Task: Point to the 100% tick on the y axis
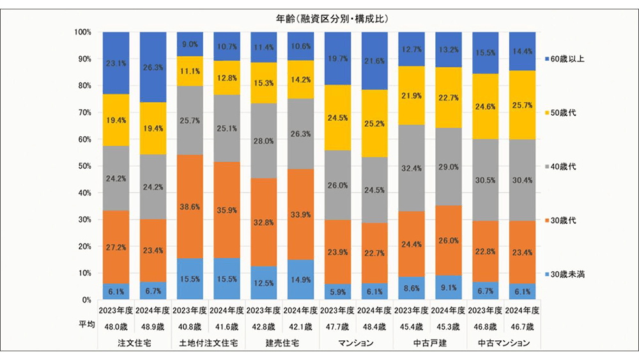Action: click(x=83, y=32)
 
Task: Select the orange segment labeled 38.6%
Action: click(x=190, y=206)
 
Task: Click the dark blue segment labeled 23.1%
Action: click(x=117, y=63)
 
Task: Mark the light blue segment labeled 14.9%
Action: click(x=301, y=279)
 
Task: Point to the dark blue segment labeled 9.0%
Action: click(x=190, y=44)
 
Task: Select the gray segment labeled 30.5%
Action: click(x=486, y=180)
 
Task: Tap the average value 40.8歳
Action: click(x=190, y=327)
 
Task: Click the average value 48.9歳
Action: click(x=153, y=327)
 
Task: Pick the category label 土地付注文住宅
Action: click(x=209, y=343)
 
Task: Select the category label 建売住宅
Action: click(x=282, y=343)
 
